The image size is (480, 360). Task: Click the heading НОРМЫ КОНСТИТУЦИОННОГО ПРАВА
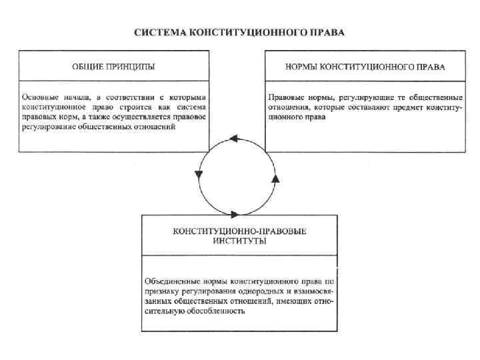(x=365, y=67)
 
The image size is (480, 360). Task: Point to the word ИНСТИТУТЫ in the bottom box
(x=239, y=240)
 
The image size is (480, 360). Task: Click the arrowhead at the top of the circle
(x=233, y=139)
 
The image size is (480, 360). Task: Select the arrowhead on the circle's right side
(x=275, y=178)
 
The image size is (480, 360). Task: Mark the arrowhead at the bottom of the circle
(x=235, y=214)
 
